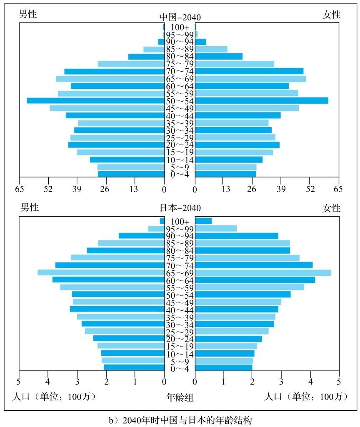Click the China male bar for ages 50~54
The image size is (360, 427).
(95, 100)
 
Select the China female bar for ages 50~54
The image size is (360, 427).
(262, 100)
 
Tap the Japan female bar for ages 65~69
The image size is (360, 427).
(263, 272)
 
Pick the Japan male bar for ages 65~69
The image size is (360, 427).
(101, 272)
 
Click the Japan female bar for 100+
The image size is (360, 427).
(203, 221)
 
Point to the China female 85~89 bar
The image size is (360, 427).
(211, 49)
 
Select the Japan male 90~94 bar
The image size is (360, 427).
(141, 235)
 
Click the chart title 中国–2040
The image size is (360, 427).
(180, 17)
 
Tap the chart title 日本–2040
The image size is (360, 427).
(180, 208)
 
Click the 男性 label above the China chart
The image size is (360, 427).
(28, 15)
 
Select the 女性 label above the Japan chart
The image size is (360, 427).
(332, 208)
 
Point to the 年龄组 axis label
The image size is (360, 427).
(180, 398)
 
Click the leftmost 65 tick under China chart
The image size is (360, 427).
(19, 190)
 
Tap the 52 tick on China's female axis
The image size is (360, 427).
(310, 190)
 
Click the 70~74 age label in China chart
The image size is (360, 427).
(180, 71)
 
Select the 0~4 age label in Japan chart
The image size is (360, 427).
(180, 368)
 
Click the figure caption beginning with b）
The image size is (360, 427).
(180, 420)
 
